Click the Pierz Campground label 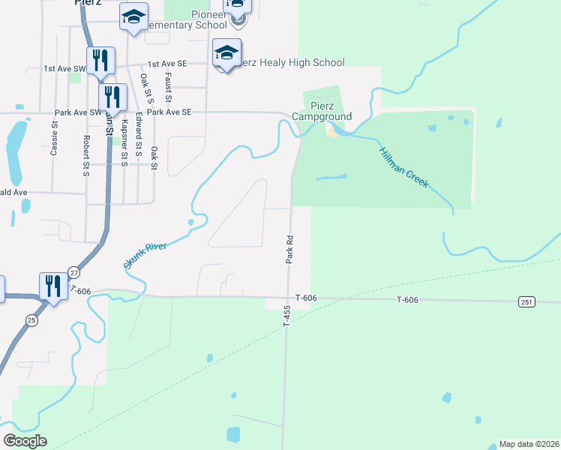coord(322,112)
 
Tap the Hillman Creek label coord(403,166)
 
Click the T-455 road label coord(286,315)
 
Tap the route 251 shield coord(526,301)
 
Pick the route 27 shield coord(73,271)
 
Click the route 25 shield coord(31,319)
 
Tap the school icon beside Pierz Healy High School coord(226,53)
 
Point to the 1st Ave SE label coord(166,64)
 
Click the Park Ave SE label coord(169,112)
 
